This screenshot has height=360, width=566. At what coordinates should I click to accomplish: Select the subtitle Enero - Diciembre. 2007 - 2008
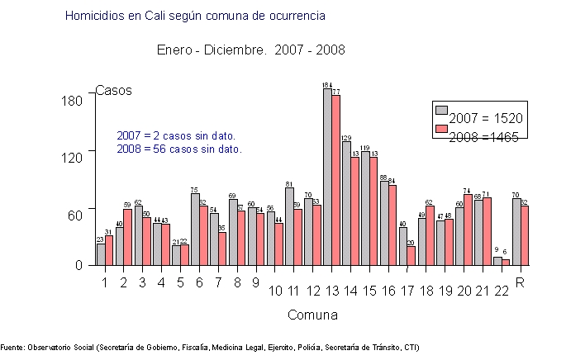click(251, 50)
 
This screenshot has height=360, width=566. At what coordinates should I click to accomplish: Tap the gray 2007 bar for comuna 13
click(327, 177)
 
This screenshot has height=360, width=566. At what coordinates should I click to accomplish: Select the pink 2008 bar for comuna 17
click(411, 256)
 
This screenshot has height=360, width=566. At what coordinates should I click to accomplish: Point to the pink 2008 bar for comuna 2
click(128, 237)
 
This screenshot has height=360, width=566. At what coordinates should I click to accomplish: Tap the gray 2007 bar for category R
click(516, 232)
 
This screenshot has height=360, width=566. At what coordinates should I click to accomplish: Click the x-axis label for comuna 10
click(276, 290)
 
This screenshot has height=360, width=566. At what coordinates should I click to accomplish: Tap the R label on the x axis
click(521, 282)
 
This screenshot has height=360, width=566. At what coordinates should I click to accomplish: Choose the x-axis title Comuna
click(312, 315)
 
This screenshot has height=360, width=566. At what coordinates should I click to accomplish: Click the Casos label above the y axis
click(114, 90)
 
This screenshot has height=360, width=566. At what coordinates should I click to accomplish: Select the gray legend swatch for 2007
click(441, 111)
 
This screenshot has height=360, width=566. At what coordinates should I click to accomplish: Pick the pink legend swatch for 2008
click(441, 129)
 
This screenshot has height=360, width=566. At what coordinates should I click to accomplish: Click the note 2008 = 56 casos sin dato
click(179, 149)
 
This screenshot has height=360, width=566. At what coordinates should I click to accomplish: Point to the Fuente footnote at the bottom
click(210, 348)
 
